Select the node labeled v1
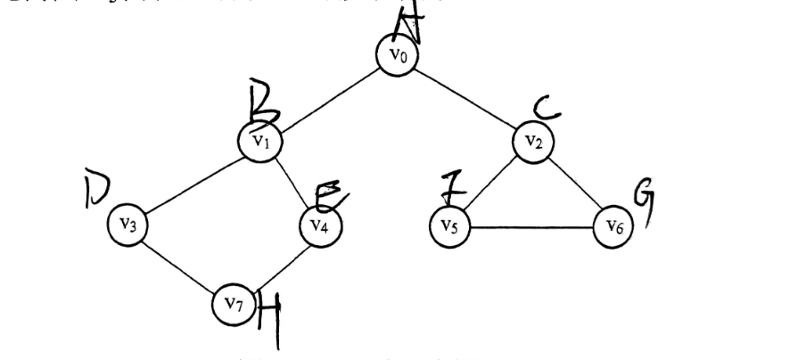coord(259,141)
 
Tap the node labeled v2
coord(533,141)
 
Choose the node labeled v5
coord(450,226)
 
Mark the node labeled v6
coord(613,228)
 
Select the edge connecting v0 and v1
coord(327,98)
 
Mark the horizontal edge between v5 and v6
coord(531,228)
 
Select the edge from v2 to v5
coord(492,183)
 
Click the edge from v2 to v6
coord(573,184)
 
